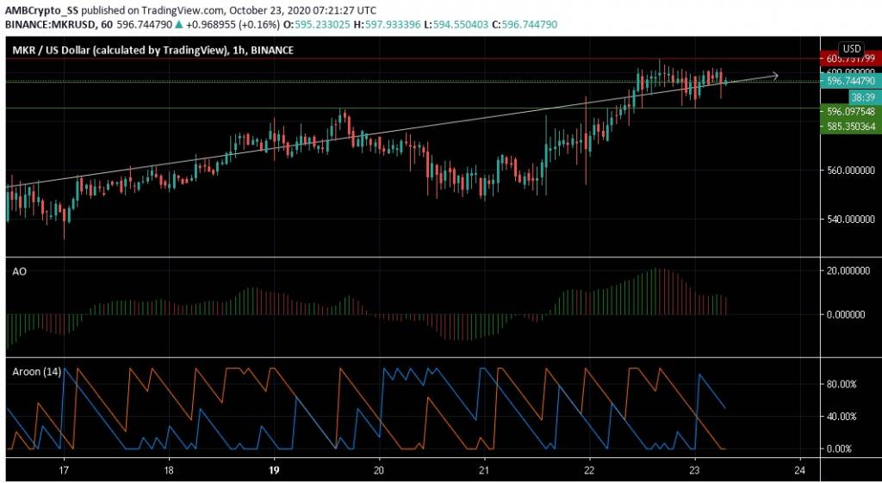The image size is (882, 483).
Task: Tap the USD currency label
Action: [x=852, y=48]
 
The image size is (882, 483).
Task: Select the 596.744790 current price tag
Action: [x=850, y=81]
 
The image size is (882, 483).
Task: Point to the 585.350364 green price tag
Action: [x=850, y=127]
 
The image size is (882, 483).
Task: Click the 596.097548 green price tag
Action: [x=850, y=112]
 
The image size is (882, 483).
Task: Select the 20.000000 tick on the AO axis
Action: [x=847, y=271]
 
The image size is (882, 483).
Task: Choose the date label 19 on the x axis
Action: [x=274, y=471]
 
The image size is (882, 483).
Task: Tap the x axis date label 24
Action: [x=800, y=471]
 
